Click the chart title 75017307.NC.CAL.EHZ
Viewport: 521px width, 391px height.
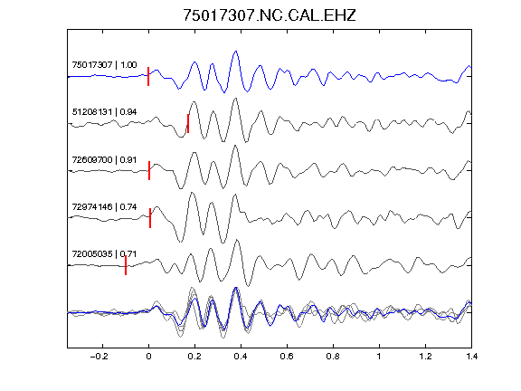[270, 15]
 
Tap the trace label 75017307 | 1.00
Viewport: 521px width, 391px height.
[104, 64]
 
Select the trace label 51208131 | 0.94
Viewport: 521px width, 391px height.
[104, 111]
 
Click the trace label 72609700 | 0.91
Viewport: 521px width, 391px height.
[104, 159]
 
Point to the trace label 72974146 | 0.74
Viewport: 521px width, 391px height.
[104, 206]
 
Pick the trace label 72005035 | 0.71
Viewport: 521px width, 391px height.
[104, 254]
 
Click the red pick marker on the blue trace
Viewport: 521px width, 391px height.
[148, 76]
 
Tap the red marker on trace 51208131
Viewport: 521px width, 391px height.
[188, 124]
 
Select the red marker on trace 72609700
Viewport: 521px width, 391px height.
[149, 170]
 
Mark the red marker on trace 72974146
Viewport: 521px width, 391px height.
[150, 218]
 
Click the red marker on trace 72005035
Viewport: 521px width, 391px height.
[126, 265]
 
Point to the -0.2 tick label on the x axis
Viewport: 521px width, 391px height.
[99, 357]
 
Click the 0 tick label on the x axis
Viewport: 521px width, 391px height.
[148, 357]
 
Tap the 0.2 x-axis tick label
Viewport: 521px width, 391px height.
[194, 357]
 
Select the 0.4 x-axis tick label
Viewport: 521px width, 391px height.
[241, 357]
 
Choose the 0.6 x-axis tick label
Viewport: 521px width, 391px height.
[287, 357]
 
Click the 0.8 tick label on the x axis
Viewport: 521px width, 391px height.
[333, 357]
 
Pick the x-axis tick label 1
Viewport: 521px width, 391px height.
[379, 357]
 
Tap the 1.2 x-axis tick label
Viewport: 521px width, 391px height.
[425, 357]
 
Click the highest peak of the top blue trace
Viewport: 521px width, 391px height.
[236, 52]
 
